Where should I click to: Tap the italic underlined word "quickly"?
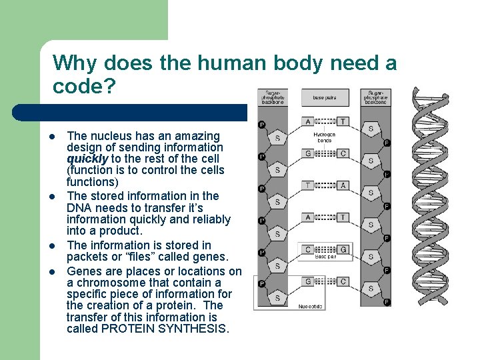point(87,159)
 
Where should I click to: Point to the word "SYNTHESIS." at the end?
point(199,329)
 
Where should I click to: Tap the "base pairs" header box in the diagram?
point(325,97)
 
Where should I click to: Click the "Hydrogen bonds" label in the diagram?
point(325,137)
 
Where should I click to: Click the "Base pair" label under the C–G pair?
point(325,256)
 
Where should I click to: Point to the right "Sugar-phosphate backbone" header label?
point(375,97)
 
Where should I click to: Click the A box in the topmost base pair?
point(307,121)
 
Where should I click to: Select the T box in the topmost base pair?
point(342,121)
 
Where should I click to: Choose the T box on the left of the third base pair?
point(307,185)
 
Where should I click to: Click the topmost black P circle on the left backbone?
point(261,125)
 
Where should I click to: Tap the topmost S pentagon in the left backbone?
point(277,138)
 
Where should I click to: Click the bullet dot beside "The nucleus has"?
point(51,136)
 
